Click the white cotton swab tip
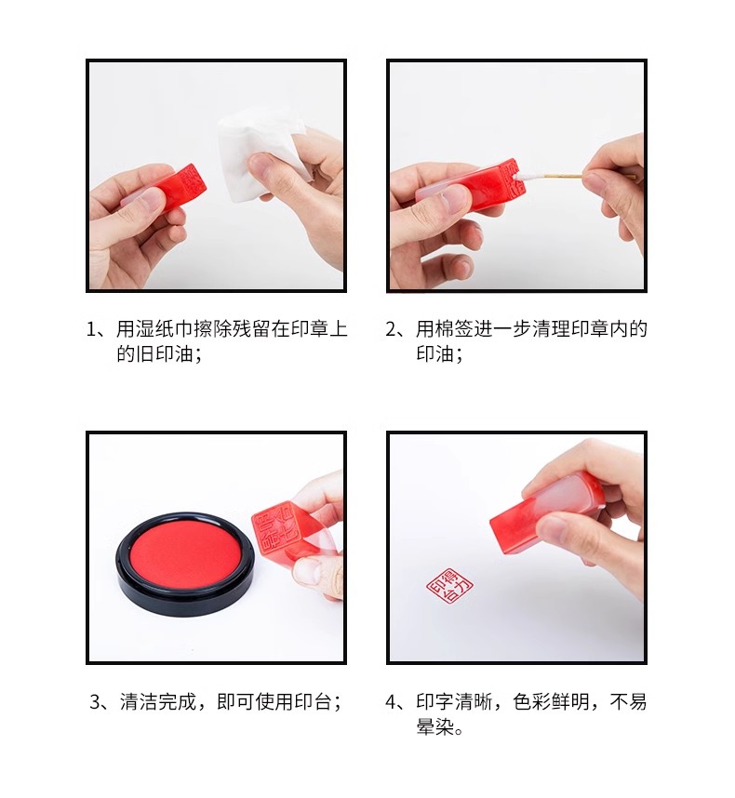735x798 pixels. click(x=529, y=176)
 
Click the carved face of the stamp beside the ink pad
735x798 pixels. click(x=274, y=530)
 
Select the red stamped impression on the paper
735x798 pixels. click(x=449, y=585)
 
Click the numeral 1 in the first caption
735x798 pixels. click(x=91, y=329)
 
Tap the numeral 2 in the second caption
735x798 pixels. click(x=391, y=329)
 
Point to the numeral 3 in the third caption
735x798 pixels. click(x=95, y=702)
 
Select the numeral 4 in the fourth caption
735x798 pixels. click(x=391, y=702)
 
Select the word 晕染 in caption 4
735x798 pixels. click(x=435, y=726)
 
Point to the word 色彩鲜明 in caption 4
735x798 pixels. click(x=551, y=702)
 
